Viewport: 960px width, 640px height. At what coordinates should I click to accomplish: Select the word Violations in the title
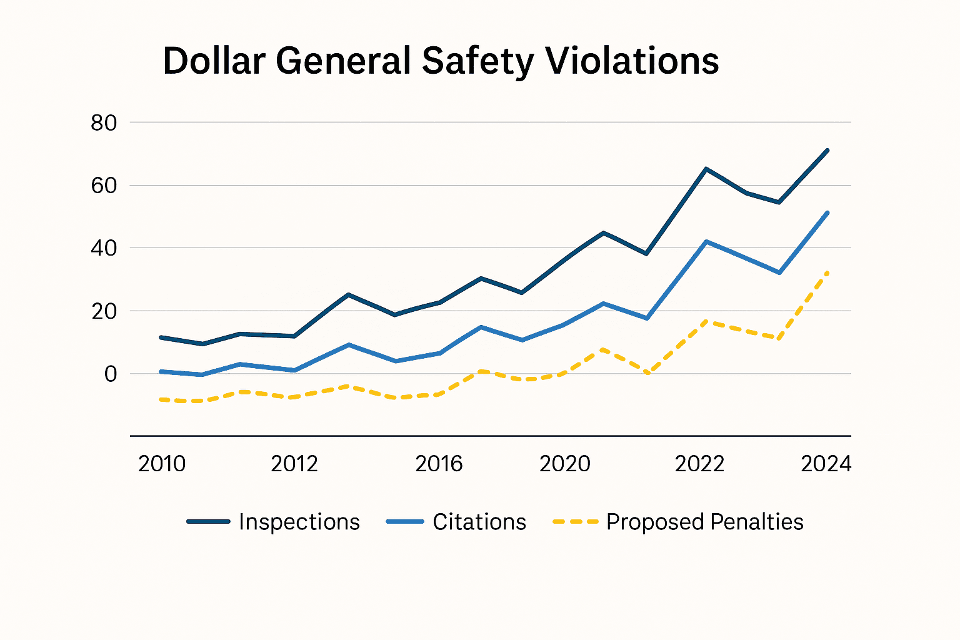(632, 61)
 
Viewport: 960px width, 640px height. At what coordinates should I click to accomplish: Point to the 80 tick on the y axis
(104, 123)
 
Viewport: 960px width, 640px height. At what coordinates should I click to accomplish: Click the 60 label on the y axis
(104, 186)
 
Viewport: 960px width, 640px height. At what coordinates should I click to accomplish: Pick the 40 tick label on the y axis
(104, 248)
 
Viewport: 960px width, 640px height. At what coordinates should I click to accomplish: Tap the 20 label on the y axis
(104, 311)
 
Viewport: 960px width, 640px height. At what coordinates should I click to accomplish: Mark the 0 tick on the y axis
(111, 374)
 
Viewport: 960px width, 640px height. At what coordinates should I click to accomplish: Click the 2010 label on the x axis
(162, 464)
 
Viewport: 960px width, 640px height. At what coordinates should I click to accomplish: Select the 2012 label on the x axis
(294, 464)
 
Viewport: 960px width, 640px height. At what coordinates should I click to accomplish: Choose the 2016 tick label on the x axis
(439, 464)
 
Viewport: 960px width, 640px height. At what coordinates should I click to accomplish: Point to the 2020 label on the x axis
(565, 464)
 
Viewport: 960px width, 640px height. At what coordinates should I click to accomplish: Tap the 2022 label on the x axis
(699, 464)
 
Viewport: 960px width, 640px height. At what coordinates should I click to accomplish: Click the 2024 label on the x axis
(826, 464)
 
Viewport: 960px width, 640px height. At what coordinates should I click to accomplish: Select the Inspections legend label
(299, 522)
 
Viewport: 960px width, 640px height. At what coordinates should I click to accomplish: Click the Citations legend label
(479, 522)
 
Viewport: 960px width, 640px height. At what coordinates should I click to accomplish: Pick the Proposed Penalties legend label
(704, 522)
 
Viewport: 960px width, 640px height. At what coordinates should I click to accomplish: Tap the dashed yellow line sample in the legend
(576, 521)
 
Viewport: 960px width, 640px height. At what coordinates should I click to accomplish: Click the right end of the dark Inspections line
(827, 150)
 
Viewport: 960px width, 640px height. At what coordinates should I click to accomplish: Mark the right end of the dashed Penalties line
(827, 272)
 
